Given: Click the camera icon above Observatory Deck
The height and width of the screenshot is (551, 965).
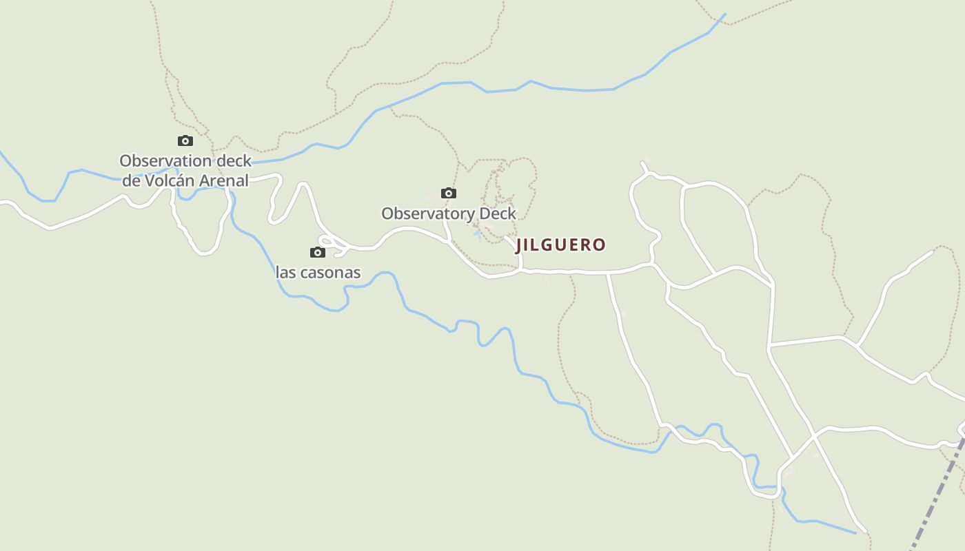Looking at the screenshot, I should tap(449, 193).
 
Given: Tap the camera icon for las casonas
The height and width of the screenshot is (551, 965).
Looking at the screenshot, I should tap(318, 252).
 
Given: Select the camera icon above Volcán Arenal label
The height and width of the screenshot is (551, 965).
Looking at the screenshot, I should tap(185, 141).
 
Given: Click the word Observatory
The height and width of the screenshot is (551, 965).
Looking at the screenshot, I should tap(428, 214).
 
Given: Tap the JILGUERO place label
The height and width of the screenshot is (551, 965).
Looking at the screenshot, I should tap(560, 245).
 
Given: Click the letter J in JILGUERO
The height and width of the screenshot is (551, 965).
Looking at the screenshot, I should tap(520, 245).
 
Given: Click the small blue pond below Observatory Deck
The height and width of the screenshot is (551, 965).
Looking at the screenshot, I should tap(477, 235).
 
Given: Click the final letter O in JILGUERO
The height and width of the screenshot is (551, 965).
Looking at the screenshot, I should tap(600, 245).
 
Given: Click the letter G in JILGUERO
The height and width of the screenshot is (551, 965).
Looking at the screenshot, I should tap(549, 245).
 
